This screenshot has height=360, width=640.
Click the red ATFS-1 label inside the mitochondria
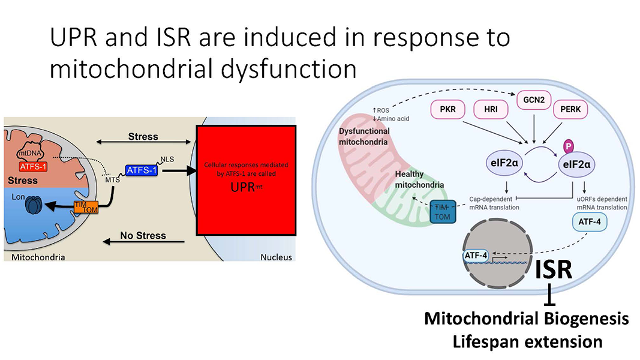(35, 166)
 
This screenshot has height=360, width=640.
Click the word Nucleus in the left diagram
(276, 257)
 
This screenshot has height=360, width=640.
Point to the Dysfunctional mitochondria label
(364, 136)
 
